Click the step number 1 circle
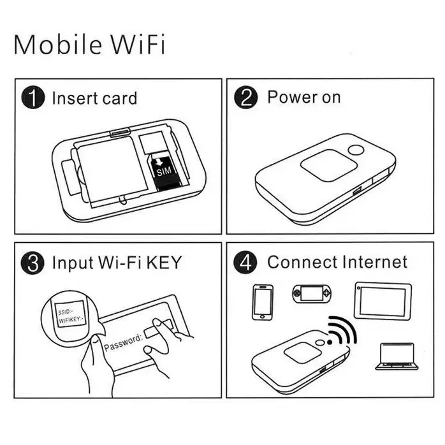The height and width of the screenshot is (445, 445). click(33, 98)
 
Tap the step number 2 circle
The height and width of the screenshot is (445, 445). click(246, 98)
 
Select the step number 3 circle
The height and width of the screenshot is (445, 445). click(33, 263)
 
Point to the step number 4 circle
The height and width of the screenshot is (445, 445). click(245, 263)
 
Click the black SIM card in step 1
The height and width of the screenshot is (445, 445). click(166, 173)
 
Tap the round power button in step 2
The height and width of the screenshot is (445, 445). click(356, 150)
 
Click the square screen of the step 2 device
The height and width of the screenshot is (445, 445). click(329, 166)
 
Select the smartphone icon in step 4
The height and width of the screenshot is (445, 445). click(263, 302)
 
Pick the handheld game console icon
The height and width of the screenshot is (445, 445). click(312, 293)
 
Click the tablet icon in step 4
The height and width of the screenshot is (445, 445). click(383, 301)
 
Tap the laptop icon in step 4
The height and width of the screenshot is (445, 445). click(397, 356)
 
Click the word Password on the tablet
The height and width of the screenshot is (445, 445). click(122, 342)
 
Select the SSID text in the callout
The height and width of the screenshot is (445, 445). click(64, 312)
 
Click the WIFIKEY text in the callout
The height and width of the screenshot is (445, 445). click(71, 320)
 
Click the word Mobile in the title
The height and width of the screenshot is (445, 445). click(58, 44)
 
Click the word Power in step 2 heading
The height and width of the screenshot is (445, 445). click(293, 97)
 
